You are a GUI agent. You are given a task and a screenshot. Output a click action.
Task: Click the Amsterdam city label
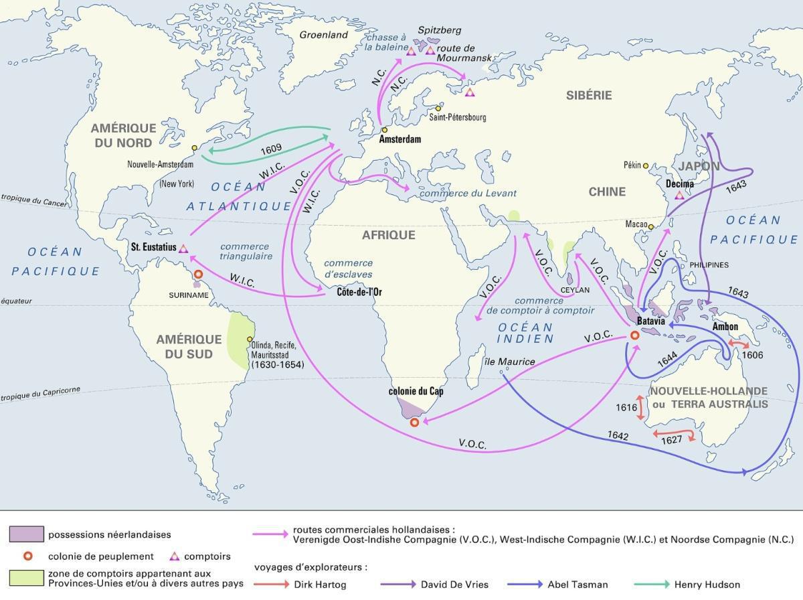400,139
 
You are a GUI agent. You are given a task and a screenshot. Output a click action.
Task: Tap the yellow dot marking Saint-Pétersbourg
439,108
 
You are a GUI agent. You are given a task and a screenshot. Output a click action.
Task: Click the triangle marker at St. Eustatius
183,248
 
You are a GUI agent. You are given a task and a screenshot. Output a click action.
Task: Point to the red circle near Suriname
198,275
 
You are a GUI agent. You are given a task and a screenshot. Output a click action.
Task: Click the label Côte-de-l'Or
360,292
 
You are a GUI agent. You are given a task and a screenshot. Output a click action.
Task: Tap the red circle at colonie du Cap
414,422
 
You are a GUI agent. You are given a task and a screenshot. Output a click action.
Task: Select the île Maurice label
509,362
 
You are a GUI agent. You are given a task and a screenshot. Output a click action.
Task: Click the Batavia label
650,321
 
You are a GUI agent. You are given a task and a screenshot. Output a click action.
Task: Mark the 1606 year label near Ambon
753,355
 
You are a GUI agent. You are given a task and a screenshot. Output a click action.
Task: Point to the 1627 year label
671,440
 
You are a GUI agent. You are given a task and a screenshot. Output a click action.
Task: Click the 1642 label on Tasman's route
618,435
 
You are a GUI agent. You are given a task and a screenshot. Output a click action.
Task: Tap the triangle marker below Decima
680,195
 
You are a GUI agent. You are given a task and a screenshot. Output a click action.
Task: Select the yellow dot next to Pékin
646,165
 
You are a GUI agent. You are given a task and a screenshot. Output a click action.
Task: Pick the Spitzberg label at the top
439,31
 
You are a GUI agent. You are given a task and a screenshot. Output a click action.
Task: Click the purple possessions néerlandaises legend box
27,534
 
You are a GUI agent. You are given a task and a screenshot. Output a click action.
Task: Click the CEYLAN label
575,290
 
